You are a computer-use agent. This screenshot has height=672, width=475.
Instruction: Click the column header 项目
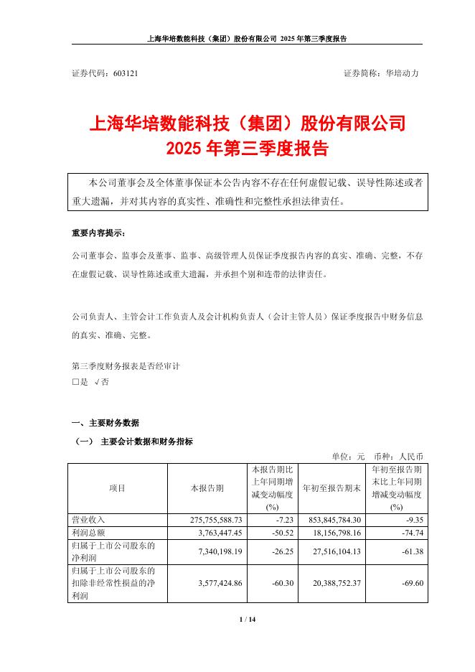[117, 488]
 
